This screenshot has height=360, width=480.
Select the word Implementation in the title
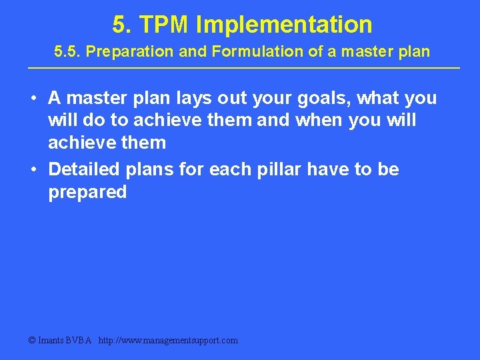pyautogui.click(x=284, y=25)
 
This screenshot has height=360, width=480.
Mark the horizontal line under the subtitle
pyautogui.click(x=243, y=68)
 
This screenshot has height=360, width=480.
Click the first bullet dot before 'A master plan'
pyautogui.click(x=33, y=99)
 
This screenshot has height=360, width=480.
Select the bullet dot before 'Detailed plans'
pyautogui.click(x=33, y=170)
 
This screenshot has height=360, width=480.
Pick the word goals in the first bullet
pyautogui.click(x=325, y=98)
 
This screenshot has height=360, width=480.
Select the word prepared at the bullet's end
pyautogui.click(x=87, y=193)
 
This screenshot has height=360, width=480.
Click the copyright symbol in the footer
pyautogui.click(x=32, y=341)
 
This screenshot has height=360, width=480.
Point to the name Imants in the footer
pyautogui.click(x=52, y=341)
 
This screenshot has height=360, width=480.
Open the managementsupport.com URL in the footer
pyautogui.click(x=168, y=341)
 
